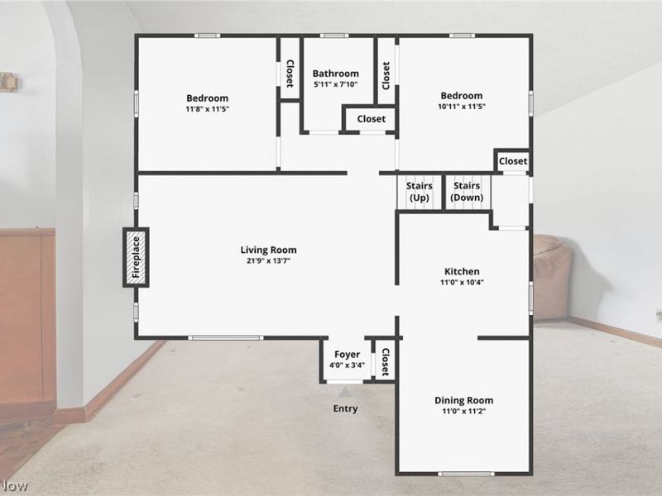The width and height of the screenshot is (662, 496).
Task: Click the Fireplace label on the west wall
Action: pos(136,257)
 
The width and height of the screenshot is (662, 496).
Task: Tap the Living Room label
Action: pos(268,250)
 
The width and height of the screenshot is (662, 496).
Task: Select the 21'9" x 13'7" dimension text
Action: pos(268,260)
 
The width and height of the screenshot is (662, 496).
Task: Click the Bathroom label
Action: pos(336,74)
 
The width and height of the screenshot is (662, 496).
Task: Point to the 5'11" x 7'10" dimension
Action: pos(336,84)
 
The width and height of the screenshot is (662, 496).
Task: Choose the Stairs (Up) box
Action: pos(420,192)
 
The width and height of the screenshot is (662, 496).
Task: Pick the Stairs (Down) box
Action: pos(467,192)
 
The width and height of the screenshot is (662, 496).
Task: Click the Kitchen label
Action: pos(462,271)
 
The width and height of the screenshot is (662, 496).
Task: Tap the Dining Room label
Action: pos(464,400)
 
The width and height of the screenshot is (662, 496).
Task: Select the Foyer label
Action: pos(347,355)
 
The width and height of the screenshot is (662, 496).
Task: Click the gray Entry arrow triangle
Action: pos(345,392)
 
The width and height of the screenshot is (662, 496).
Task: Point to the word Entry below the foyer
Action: pos(345,408)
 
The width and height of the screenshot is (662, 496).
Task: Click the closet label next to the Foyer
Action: pos(385,362)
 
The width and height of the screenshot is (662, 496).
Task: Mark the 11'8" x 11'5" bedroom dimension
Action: pos(208,109)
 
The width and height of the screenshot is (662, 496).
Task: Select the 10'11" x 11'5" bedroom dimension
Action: pos(462,107)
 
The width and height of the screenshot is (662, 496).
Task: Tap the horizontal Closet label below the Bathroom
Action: pos(372,119)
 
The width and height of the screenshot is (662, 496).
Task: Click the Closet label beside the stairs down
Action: pos(513,161)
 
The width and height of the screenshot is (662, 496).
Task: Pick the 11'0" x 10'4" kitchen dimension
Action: pos(462,282)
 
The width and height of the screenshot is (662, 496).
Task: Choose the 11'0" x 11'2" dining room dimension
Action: pos(464,411)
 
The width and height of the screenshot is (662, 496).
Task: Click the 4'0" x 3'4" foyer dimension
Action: pos(347,365)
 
